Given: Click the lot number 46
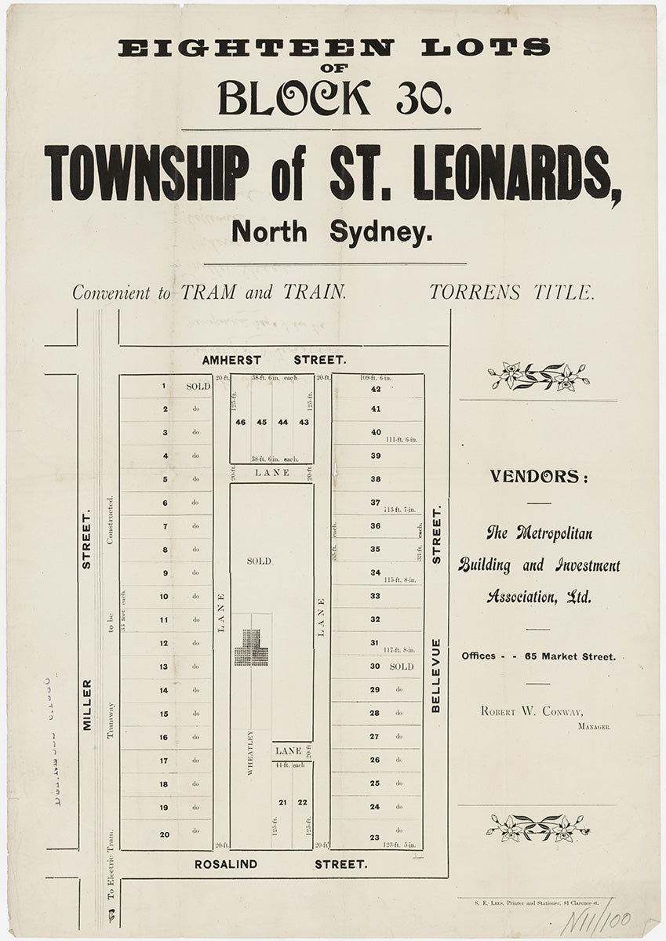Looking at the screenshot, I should click(241, 422).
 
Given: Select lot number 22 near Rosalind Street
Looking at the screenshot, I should click(302, 801).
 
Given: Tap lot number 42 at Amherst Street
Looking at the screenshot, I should click(376, 389).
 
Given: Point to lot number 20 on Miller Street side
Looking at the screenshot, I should click(165, 834).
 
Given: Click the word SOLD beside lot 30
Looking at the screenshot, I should click(401, 667).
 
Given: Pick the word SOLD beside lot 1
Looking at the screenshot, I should click(198, 387).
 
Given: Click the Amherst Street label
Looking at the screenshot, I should click(274, 360).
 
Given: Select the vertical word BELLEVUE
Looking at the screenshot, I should click(436, 675).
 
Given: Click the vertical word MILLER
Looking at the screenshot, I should click(87, 705).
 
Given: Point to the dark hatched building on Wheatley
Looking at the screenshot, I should click(252, 648).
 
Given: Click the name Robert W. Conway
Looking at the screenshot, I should click(532, 711).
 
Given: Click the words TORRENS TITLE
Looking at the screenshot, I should click(511, 292).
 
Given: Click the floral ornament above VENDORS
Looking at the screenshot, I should click(538, 376).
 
